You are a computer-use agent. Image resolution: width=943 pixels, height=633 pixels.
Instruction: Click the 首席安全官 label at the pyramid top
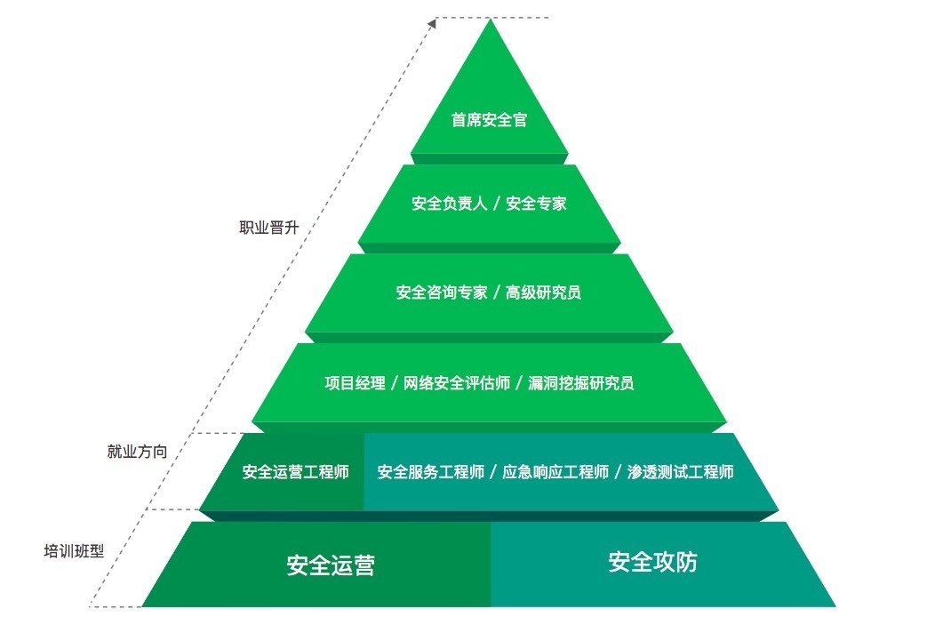tap(489, 120)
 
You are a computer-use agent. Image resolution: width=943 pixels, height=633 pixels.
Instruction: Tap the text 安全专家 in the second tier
tap(536, 204)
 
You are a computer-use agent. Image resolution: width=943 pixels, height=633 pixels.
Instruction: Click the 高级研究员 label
tap(543, 292)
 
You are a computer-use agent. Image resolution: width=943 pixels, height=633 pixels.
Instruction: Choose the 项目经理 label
tap(355, 383)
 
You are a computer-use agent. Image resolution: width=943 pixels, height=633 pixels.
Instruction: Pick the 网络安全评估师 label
tap(457, 383)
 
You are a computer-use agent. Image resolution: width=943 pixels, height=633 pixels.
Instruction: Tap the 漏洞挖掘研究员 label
tap(580, 383)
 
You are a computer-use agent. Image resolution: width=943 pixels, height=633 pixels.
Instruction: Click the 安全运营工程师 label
tap(295, 472)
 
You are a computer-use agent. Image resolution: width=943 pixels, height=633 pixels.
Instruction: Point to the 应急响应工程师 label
tap(555, 472)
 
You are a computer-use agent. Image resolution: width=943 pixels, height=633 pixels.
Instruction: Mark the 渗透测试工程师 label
tap(680, 472)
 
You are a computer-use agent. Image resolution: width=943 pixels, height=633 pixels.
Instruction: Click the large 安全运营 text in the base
tap(331, 565)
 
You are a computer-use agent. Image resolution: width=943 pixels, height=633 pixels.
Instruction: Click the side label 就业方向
tap(137, 452)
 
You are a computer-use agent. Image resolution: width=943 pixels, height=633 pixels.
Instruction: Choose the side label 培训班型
tap(74, 550)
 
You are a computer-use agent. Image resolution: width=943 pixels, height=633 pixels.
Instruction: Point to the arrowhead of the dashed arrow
tap(433, 20)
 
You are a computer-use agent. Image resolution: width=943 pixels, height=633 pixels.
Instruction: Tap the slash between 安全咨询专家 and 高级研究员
tap(497, 292)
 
